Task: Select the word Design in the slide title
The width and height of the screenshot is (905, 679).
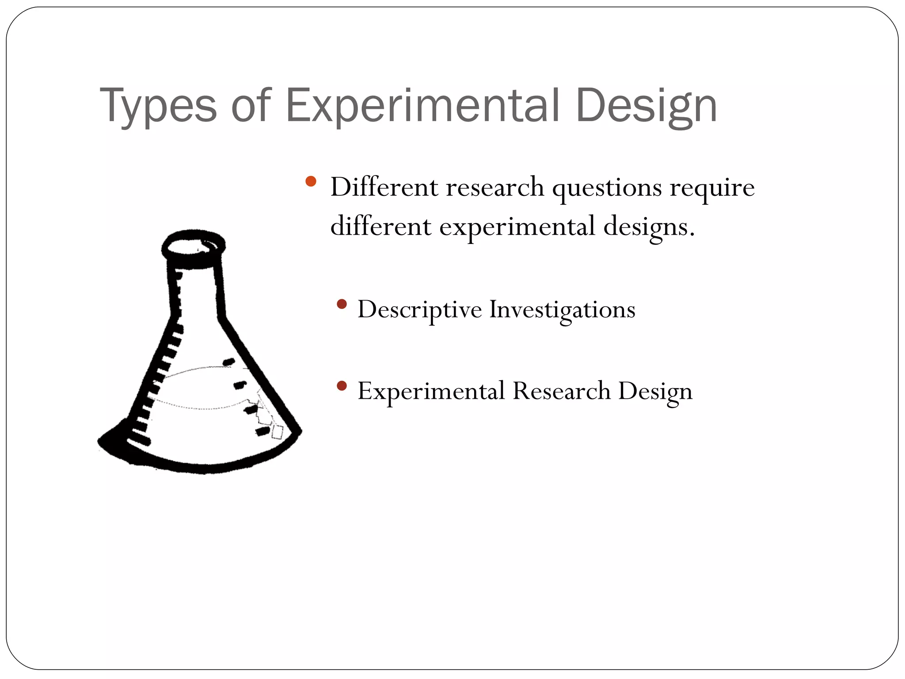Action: click(646, 106)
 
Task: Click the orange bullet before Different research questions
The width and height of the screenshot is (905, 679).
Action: click(311, 181)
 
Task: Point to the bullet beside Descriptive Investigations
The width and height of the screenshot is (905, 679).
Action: click(341, 304)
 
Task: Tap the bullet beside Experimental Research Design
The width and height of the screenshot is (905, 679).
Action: click(341, 386)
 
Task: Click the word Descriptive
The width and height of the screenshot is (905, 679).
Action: click(419, 309)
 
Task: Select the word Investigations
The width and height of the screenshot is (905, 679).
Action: click(562, 309)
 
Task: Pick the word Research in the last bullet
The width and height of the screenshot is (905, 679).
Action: click(561, 391)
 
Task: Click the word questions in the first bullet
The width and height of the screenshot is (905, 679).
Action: click(607, 187)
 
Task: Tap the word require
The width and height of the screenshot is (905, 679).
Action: click(712, 187)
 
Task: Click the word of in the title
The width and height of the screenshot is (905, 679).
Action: click(251, 106)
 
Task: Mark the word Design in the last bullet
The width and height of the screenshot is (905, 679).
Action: click(655, 391)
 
